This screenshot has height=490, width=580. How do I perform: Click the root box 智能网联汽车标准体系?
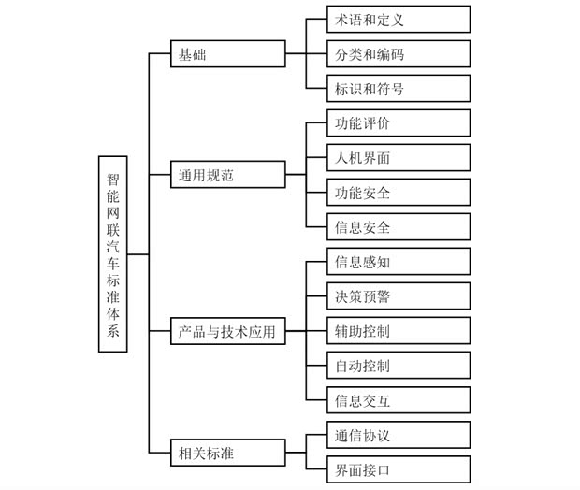[x=112, y=253]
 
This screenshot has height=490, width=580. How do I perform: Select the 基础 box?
[x=228, y=54]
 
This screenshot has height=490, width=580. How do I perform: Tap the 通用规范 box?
[x=228, y=174]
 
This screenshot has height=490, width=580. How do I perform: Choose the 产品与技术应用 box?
[x=228, y=331]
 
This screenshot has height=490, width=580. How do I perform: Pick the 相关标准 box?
[x=228, y=454]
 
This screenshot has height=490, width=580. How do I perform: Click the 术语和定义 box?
[x=399, y=19]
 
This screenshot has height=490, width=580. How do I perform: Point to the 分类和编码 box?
[x=399, y=54]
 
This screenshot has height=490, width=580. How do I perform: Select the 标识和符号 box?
[x=399, y=90]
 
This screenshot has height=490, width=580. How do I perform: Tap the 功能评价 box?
[x=399, y=123]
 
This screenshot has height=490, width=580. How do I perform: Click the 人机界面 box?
[x=399, y=158]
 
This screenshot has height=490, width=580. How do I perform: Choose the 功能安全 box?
[x=399, y=193]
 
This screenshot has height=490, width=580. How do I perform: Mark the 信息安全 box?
[x=399, y=227]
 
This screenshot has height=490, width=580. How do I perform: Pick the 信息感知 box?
[x=399, y=262]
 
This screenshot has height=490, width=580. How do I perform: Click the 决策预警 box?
[x=399, y=296]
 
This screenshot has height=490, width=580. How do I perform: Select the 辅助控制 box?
[x=399, y=331]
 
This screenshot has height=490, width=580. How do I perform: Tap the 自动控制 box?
[x=399, y=366]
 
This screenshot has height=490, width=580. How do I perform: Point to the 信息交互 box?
[x=399, y=400]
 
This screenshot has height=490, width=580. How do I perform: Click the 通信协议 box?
[x=399, y=435]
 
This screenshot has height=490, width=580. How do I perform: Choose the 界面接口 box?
[x=399, y=469]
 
